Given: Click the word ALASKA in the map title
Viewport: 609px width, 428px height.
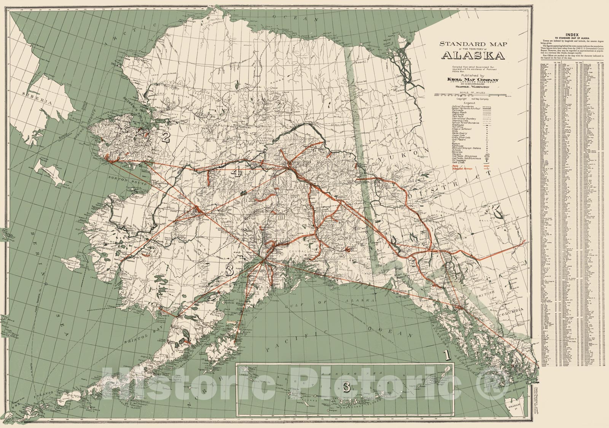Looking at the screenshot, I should [x=473, y=56].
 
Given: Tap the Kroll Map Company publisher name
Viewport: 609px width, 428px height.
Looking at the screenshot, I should [x=473, y=80].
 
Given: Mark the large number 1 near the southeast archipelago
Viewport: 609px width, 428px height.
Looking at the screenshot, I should [x=448, y=355].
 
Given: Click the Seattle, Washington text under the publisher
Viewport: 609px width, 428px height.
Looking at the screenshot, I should [x=473, y=87].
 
